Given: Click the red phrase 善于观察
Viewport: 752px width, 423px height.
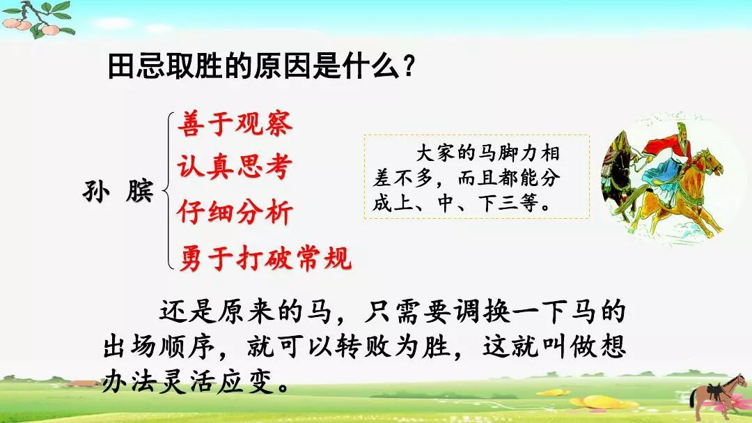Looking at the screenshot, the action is [235, 123].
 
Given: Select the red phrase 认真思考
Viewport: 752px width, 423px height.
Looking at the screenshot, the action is [235, 167].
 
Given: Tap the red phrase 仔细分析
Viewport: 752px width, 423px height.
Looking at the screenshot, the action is [235, 212].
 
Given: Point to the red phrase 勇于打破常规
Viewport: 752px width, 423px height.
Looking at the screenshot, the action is [265, 259].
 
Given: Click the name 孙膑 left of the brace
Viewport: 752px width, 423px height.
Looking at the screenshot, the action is [118, 191].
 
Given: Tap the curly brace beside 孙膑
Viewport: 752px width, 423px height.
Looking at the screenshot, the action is [166, 191].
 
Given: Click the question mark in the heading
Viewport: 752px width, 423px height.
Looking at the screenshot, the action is [409, 66].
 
